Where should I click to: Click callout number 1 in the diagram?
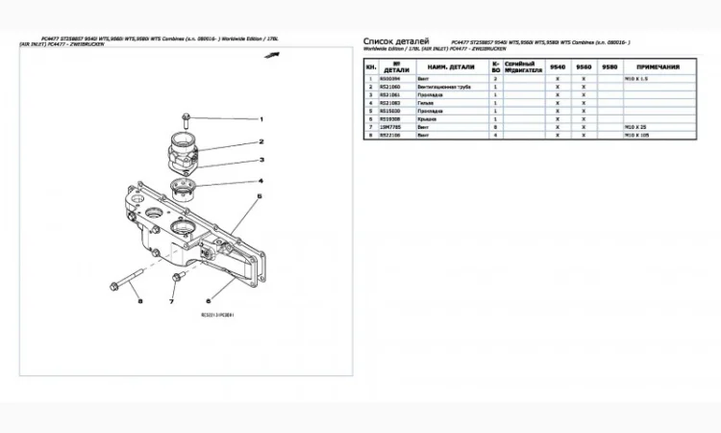[261, 120]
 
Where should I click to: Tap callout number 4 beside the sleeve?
[261, 181]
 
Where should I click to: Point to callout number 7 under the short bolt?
[171, 302]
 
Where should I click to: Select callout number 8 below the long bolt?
[138, 302]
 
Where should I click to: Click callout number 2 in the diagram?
[261, 141]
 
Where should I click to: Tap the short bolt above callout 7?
[176, 279]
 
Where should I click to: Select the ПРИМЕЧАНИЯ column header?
[658, 67]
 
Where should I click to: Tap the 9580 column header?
[609, 67]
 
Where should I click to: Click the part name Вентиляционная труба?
[442, 87]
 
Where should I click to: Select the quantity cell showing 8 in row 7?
[495, 127]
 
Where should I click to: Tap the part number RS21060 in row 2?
[389, 87]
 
